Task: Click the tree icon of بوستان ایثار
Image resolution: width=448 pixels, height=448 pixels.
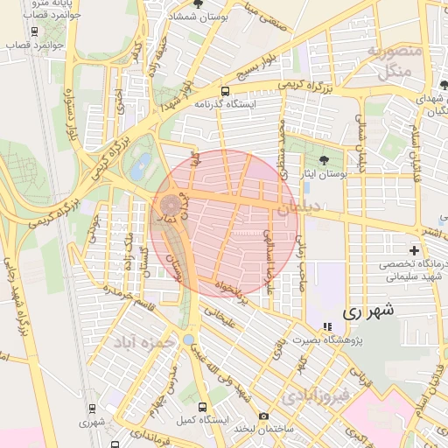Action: click(325, 160)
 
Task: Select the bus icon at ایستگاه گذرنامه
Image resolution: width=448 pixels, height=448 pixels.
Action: click(226, 91)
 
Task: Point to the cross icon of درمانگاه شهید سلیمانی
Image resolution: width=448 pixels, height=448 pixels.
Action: click(414, 250)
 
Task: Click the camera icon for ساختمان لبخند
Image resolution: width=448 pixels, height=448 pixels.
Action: click(263, 416)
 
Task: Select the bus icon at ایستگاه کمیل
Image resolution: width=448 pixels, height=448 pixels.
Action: click(203, 408)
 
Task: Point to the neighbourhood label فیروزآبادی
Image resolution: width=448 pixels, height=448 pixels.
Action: click(316, 396)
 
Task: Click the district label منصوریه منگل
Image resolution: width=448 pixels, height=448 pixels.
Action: click(394, 61)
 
